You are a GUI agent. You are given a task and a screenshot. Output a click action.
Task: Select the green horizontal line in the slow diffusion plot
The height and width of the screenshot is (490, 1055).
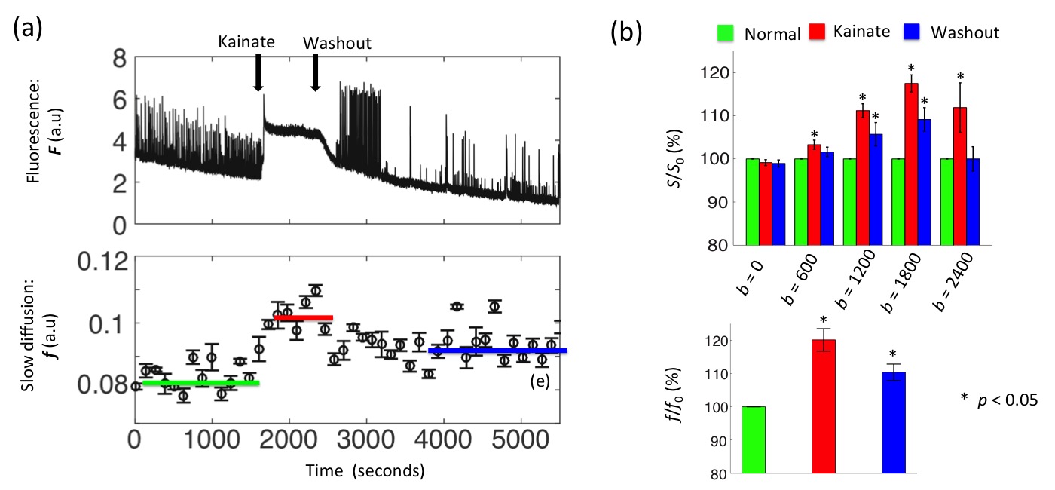(x=200, y=383)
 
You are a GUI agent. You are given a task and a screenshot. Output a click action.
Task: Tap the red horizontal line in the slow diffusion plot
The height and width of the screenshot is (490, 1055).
(x=304, y=318)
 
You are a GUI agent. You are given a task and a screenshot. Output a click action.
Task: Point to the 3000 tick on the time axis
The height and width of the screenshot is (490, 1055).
(x=366, y=439)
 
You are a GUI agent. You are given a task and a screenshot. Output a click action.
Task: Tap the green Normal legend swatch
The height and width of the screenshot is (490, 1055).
(x=725, y=33)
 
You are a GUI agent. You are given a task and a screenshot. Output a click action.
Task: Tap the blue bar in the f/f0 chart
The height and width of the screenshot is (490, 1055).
(x=893, y=423)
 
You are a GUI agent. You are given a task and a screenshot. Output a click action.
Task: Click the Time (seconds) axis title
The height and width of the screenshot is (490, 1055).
(x=365, y=472)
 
